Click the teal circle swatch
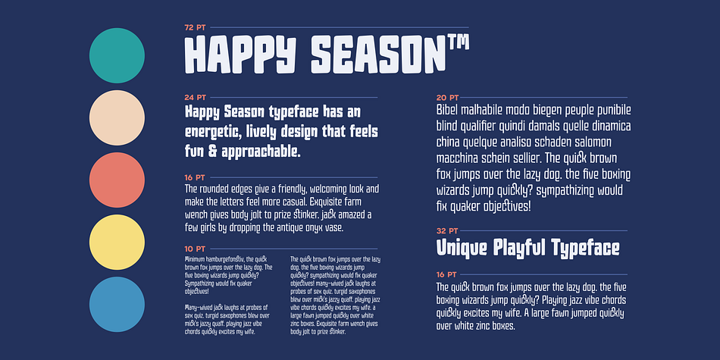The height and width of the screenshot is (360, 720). [x=117, y=55]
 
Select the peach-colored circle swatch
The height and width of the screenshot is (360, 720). [x=117, y=118]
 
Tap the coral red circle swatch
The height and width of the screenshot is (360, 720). [x=117, y=180]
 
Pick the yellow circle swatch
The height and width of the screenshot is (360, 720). [x=117, y=242]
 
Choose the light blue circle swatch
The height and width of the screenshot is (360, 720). [x=117, y=305]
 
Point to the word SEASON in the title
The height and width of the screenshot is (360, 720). [x=378, y=55]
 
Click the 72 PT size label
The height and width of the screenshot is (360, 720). [x=195, y=27]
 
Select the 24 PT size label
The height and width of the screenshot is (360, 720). [x=195, y=97]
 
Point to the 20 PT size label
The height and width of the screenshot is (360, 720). [x=447, y=97]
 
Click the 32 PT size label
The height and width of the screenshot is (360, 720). [x=447, y=230]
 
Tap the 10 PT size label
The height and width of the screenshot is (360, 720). [x=195, y=249]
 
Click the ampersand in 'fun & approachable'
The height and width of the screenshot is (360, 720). [x=212, y=152]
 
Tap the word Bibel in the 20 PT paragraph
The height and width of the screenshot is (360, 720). [x=446, y=110]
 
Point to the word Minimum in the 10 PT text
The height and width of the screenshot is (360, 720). [x=195, y=259]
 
